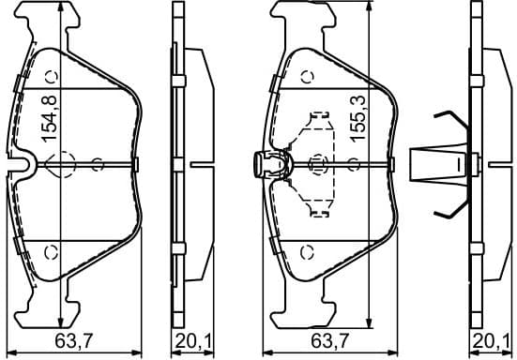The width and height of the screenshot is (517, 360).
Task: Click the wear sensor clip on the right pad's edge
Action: (x=266, y=165)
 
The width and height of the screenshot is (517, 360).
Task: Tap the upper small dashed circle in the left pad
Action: (x=52, y=78)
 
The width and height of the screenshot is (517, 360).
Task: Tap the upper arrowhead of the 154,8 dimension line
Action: (x=61, y=7)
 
